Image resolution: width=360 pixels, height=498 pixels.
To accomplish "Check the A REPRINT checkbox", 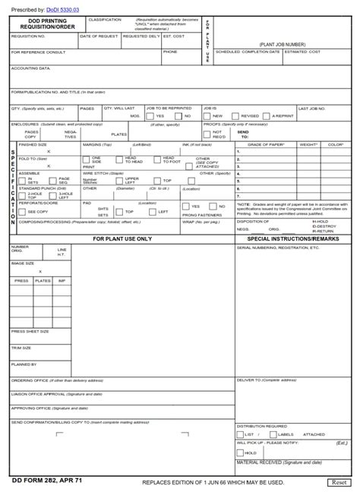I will click(x=266, y=116).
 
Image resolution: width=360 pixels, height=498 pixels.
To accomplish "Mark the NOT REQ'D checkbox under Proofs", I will click(x=207, y=134).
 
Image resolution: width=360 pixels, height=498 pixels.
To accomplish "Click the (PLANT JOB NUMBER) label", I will click(x=282, y=45).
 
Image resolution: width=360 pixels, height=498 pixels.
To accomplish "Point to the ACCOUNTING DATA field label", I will click(x=31, y=68).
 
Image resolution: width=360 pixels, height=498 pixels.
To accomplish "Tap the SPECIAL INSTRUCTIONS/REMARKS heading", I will click(x=294, y=238).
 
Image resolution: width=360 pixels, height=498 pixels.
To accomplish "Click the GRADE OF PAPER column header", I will click(x=265, y=143).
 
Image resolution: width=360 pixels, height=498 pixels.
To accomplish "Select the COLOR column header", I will click(x=335, y=143).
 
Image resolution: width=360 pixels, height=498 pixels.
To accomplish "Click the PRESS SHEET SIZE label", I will click(x=30, y=331).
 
